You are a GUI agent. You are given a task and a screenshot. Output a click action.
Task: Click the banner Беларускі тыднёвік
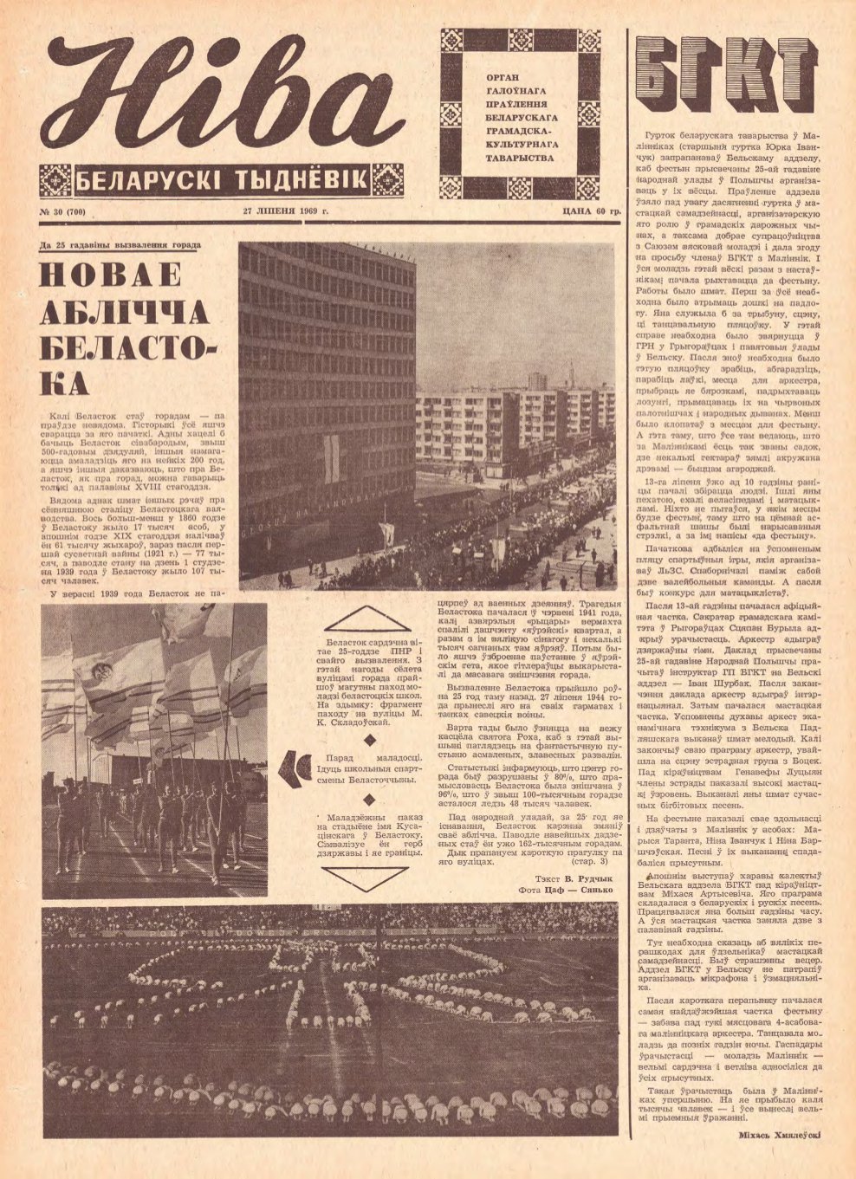pos(222,181)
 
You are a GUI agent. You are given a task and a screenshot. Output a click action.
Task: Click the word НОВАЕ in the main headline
pos(111,275)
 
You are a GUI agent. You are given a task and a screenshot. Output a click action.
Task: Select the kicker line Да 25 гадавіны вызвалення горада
pos(120,246)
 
